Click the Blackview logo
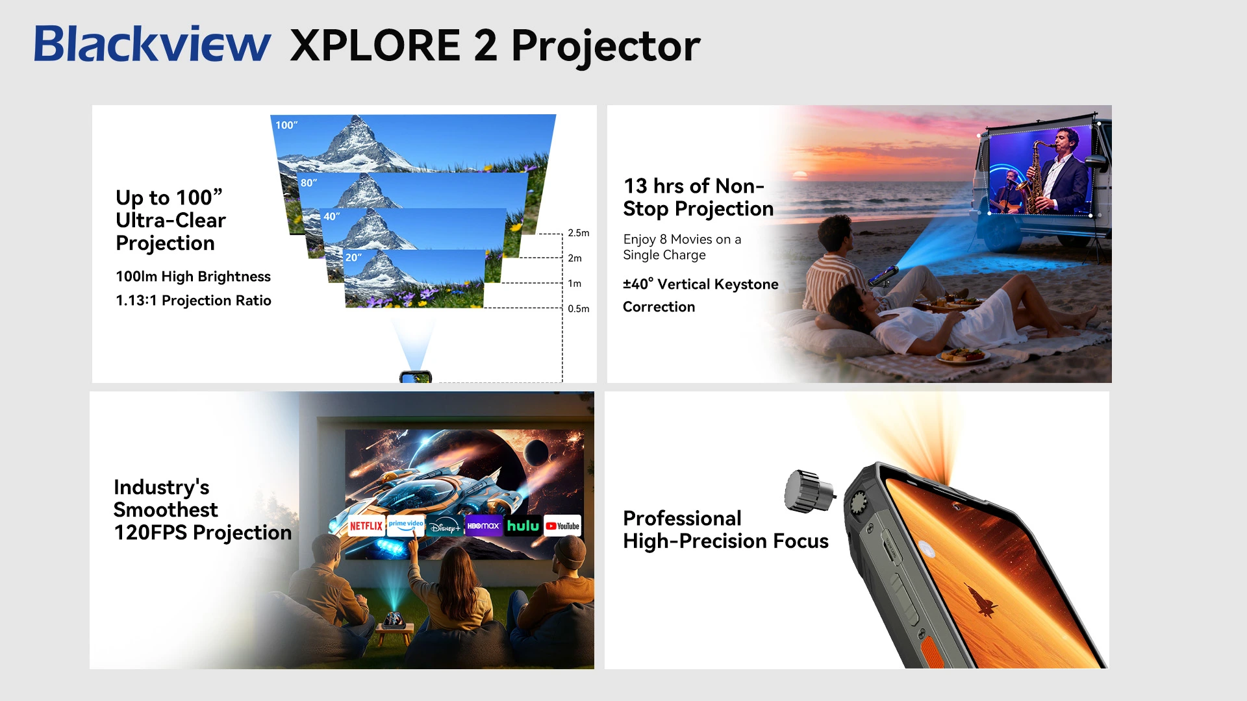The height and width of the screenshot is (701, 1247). pyautogui.click(x=153, y=44)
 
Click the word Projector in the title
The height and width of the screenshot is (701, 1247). pyautogui.click(x=606, y=47)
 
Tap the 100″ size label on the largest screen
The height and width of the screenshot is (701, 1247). pyautogui.click(x=286, y=125)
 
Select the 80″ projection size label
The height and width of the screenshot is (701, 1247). pyautogui.click(x=309, y=182)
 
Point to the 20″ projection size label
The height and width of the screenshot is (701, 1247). pyautogui.click(x=353, y=257)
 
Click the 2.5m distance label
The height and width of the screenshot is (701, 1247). pyautogui.click(x=579, y=233)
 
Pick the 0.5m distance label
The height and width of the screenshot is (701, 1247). pyautogui.click(x=579, y=309)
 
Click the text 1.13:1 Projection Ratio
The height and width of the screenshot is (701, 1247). pyautogui.click(x=194, y=301)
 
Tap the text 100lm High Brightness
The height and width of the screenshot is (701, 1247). pyautogui.click(x=194, y=277)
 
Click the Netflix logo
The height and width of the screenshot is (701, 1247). pyautogui.click(x=366, y=526)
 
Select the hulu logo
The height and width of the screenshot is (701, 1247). pyautogui.click(x=523, y=526)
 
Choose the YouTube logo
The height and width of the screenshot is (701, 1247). pyautogui.click(x=562, y=526)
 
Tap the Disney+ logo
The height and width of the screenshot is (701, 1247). pyautogui.click(x=445, y=526)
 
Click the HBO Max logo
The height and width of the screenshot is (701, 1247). pyautogui.click(x=484, y=526)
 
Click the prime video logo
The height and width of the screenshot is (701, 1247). pyautogui.click(x=406, y=526)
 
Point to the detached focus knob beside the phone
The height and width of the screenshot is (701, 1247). pyautogui.click(x=809, y=491)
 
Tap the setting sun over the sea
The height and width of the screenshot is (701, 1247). pyautogui.click(x=800, y=175)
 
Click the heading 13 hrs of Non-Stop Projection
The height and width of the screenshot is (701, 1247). pyautogui.click(x=698, y=197)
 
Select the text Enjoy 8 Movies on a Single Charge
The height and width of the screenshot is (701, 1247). pyautogui.click(x=682, y=247)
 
